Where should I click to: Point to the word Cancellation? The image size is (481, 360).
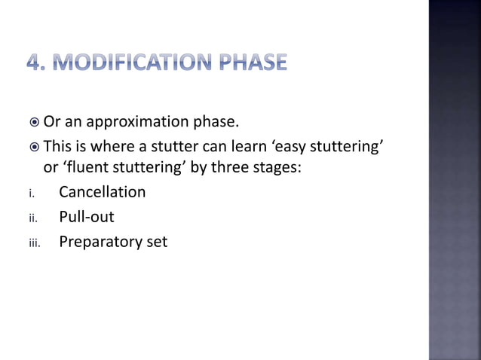click(102, 191)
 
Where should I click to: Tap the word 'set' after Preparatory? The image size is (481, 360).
click(157, 243)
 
